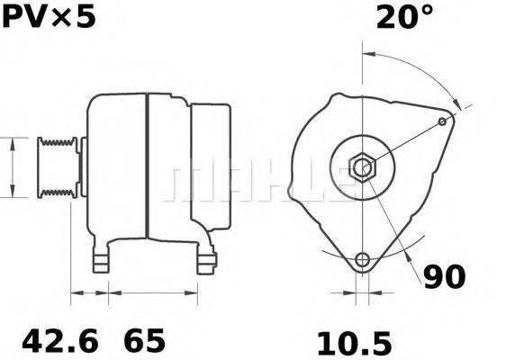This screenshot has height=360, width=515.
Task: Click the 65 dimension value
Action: coord(144,341)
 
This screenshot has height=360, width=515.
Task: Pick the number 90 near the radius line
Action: coord(445,277)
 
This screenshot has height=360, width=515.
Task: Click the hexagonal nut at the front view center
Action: coord(362,166)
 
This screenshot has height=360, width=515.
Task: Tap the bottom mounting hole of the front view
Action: coord(363,260)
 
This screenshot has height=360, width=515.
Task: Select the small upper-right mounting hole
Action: coord(442,120)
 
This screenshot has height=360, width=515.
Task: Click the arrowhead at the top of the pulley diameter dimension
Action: coord(12,141)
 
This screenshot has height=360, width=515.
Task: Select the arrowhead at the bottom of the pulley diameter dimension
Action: coord(12,193)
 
